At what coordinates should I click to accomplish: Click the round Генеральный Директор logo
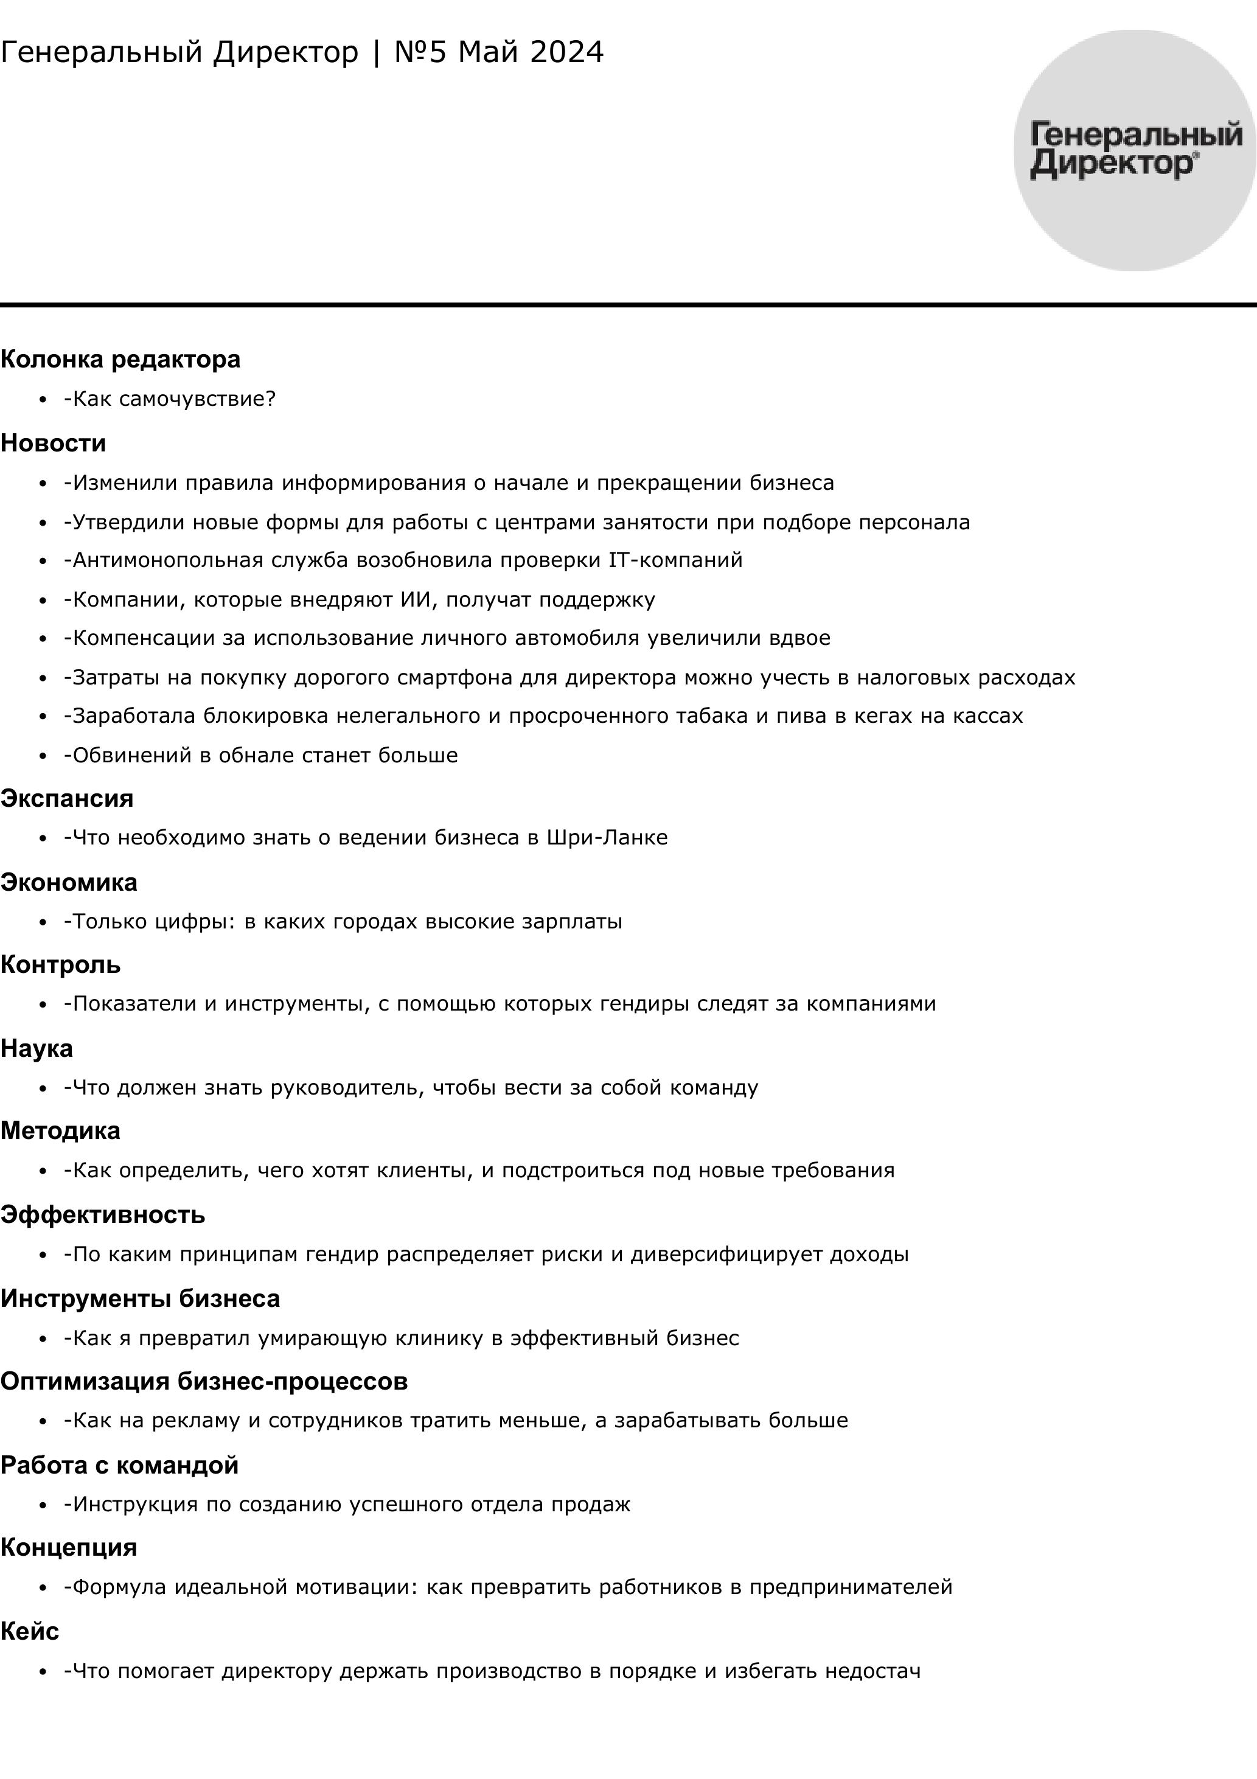1135,150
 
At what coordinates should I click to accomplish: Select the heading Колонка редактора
120,360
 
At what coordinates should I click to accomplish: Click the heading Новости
53,443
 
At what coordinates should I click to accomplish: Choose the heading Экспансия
67,798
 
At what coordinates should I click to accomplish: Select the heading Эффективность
102,1215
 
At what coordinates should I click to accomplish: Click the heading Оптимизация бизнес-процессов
204,1382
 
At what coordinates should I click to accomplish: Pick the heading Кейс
29,1632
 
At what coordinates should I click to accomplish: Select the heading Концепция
68,1547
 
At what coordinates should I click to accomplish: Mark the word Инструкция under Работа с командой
135,1504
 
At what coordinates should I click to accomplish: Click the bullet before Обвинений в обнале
43,756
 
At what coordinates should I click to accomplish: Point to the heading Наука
37,1048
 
